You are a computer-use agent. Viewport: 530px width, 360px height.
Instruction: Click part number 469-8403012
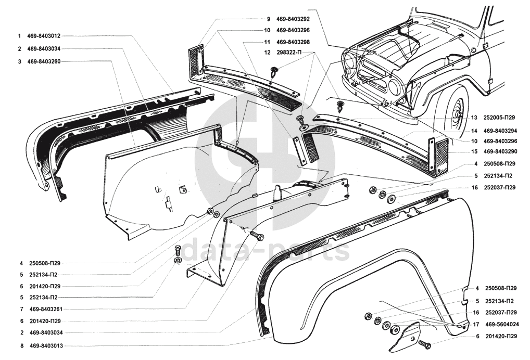pyautogui.click(x=44, y=36)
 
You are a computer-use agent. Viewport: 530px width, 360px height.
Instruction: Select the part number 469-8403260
pyautogui.click(x=44, y=62)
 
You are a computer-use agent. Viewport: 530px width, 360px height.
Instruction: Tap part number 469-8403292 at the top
pyautogui.click(x=293, y=19)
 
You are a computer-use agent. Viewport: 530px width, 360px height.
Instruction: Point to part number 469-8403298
pyautogui.click(x=293, y=42)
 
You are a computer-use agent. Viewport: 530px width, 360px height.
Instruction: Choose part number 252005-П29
pyautogui.click(x=499, y=118)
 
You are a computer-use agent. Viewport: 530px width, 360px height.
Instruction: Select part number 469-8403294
pyautogui.click(x=500, y=131)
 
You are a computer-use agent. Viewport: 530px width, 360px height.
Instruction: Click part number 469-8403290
pyautogui.click(x=500, y=151)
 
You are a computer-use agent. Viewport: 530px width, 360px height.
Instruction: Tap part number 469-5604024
pyautogui.click(x=502, y=325)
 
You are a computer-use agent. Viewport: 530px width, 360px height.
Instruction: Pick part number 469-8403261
pyautogui.click(x=46, y=309)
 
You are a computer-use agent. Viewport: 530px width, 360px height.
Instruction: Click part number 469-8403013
pyautogui.click(x=46, y=346)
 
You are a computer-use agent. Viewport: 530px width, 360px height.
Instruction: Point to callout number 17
pyautogui.click(x=476, y=325)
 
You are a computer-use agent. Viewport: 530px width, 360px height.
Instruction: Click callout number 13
pyautogui.click(x=474, y=118)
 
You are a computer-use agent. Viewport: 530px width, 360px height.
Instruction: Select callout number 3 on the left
pyautogui.click(x=20, y=62)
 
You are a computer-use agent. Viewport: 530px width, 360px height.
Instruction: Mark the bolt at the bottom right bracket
pyautogui.click(x=424, y=345)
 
